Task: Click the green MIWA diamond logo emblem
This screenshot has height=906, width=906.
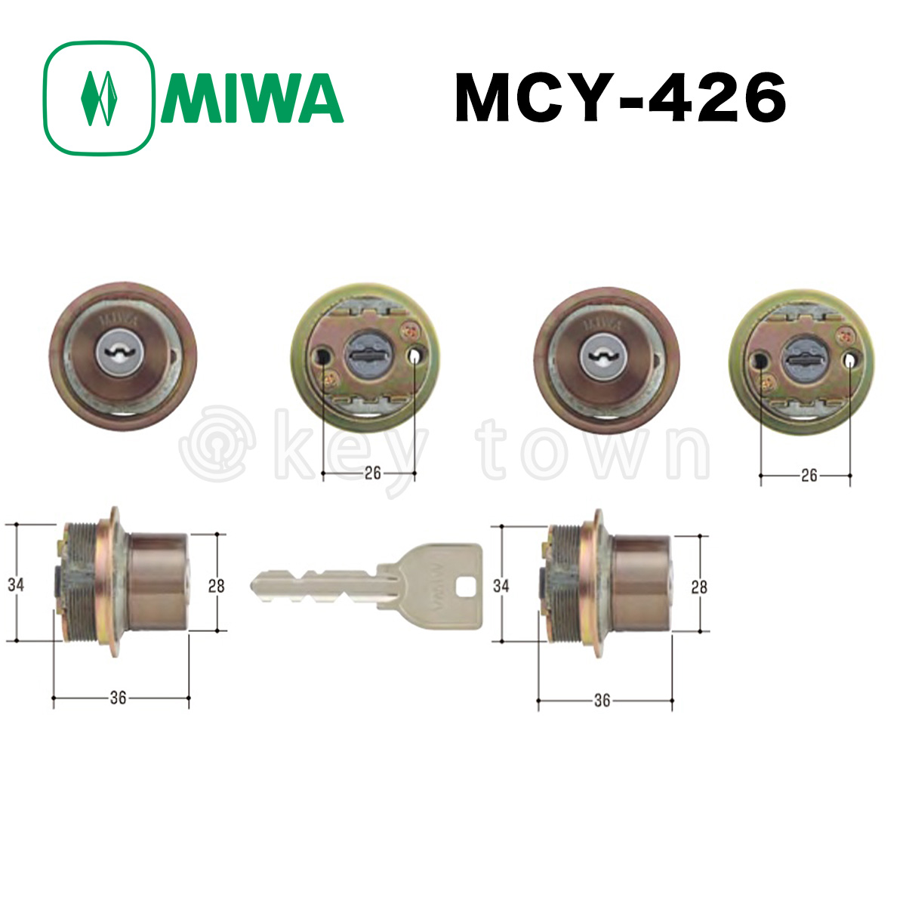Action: tap(99, 98)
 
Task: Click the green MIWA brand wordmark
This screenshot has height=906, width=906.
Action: tap(252, 98)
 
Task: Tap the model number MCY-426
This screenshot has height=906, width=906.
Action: tap(620, 98)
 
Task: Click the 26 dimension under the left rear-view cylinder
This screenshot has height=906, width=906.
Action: tap(372, 473)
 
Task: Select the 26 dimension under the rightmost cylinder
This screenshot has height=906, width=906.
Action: tap(809, 476)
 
